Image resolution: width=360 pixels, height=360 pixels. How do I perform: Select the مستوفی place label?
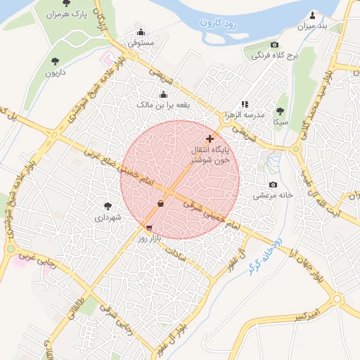141,43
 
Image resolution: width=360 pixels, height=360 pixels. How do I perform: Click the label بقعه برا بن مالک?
163,105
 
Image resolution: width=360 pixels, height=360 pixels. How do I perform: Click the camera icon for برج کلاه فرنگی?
274,44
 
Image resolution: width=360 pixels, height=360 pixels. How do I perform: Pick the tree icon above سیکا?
281,111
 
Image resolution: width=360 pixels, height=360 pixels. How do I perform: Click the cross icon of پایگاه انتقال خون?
210,139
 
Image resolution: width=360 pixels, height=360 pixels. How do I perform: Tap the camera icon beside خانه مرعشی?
273,184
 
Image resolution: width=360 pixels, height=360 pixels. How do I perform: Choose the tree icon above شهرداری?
108,206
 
